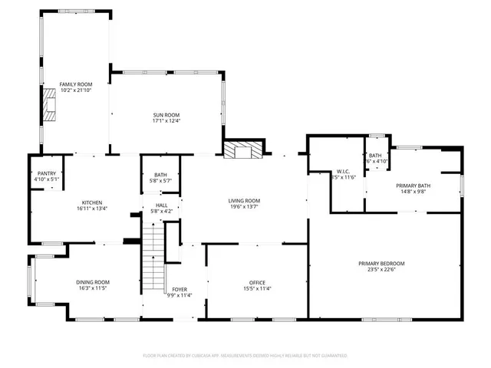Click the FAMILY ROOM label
click(x=76, y=84)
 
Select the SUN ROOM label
click(x=166, y=115)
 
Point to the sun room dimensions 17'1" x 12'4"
click(x=166, y=121)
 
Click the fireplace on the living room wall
click(x=242, y=149)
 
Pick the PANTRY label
click(x=46, y=174)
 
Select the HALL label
click(x=161, y=205)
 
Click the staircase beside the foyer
click(x=156, y=253)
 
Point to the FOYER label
click(x=180, y=289)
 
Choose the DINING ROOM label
click(x=92, y=282)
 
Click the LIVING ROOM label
click(x=244, y=201)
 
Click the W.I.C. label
click(x=343, y=171)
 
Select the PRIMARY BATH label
click(x=413, y=186)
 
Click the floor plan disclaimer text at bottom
click(x=245, y=356)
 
